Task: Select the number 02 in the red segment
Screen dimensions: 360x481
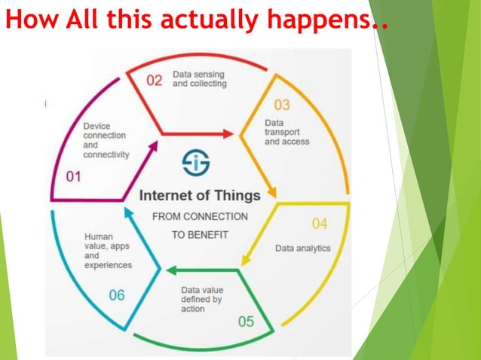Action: click(154, 81)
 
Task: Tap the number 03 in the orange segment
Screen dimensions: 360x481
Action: click(282, 105)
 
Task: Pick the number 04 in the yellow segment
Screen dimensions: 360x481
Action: click(320, 224)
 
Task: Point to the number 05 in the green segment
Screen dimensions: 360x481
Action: click(246, 322)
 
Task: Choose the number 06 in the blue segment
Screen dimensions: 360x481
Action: click(116, 295)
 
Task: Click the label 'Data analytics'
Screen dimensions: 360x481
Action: click(302, 248)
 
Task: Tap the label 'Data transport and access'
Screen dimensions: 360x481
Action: click(286, 132)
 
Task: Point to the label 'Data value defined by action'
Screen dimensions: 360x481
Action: click(201, 299)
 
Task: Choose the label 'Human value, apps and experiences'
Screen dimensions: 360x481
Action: click(109, 251)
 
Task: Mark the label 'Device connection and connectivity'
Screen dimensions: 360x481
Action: click(106, 140)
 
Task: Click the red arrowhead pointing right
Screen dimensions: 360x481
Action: click(228, 134)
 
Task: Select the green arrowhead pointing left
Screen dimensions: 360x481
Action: click(172, 270)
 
